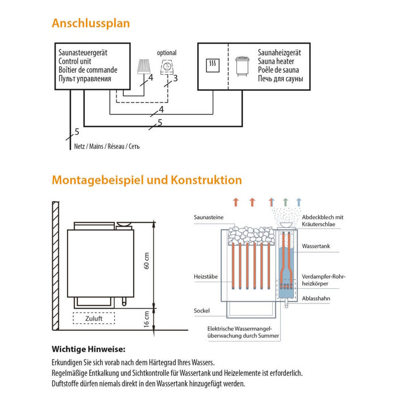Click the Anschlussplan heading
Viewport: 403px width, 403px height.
pyautogui.click(x=90, y=23)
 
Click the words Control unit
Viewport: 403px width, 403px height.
pyautogui.click(x=76, y=61)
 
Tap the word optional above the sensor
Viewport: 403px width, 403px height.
pyautogui.click(x=167, y=53)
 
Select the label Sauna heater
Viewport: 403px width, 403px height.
pyautogui.click(x=276, y=61)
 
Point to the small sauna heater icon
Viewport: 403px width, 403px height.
pyautogui.click(x=241, y=67)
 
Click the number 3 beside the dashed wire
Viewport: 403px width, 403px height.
pyautogui.click(x=176, y=78)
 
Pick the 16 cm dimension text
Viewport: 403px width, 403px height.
pyautogui.click(x=146, y=318)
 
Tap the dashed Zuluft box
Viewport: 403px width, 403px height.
pyautogui.click(x=94, y=318)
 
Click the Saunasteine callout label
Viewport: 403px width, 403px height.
pyautogui.click(x=209, y=217)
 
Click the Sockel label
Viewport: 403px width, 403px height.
pyautogui.click(x=201, y=311)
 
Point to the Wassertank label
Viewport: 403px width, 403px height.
pyautogui.click(x=316, y=247)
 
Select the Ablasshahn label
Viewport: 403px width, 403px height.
pyautogui.click(x=317, y=298)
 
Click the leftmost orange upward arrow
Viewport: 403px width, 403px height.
pyautogui.click(x=236, y=202)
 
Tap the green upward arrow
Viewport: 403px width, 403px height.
pyautogui.click(x=286, y=202)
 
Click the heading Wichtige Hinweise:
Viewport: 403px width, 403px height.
pyautogui.click(x=89, y=349)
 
